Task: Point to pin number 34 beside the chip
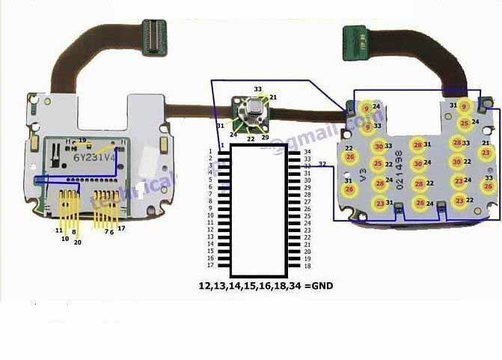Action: tap(307, 152)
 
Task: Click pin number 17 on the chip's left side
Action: tap(211, 265)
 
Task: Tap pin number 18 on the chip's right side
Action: tap(307, 266)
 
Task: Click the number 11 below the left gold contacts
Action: tap(58, 231)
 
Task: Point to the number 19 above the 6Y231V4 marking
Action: tap(83, 140)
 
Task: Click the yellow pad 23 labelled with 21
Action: tap(486, 153)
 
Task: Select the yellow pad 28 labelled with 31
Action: tap(417, 144)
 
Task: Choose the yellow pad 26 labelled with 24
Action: tap(420, 203)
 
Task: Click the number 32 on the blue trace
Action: tap(322, 163)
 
